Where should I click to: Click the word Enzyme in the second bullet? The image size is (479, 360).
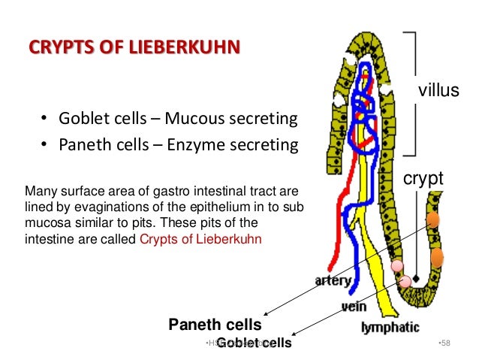pyautogui.click(x=200, y=144)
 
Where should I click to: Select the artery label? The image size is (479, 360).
pyautogui.click(x=333, y=280)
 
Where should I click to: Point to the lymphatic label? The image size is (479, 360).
pyautogui.click(x=390, y=328)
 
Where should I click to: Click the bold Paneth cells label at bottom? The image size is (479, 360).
pyautogui.click(x=215, y=325)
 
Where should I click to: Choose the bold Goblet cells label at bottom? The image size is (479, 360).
pyautogui.click(x=253, y=343)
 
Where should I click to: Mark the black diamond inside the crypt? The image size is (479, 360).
pyautogui.click(x=414, y=277)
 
